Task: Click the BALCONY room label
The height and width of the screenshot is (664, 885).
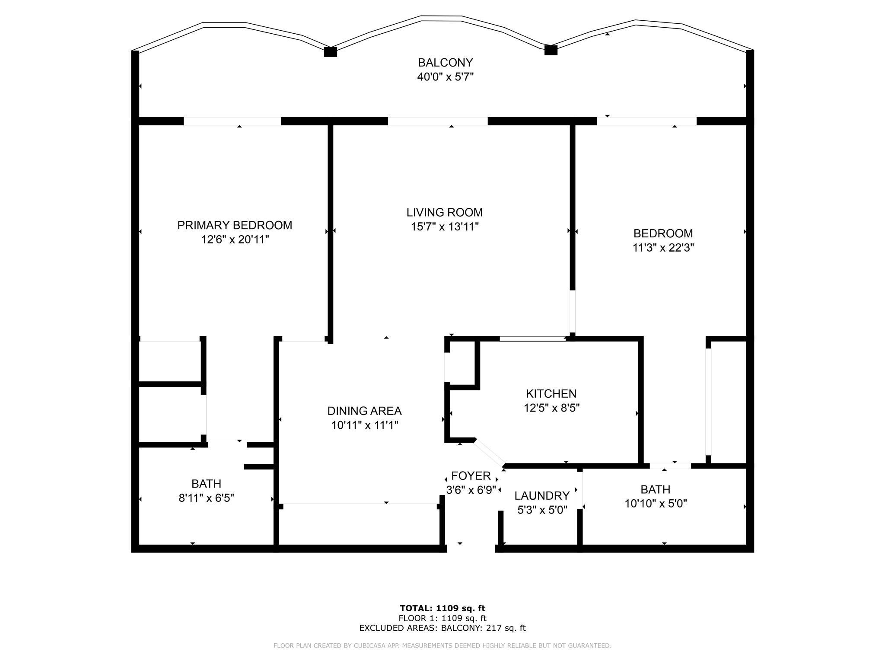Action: point(445,63)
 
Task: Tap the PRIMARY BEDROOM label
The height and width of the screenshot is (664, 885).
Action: point(235,225)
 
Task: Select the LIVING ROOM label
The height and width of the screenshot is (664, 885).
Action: point(445,212)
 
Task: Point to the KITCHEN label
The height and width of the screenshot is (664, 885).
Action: point(551,393)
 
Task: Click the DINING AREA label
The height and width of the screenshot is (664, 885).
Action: point(364,411)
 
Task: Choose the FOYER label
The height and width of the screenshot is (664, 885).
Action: point(471,476)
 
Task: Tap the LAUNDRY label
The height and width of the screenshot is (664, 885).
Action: point(542,495)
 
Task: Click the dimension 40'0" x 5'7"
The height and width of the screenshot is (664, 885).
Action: point(446,77)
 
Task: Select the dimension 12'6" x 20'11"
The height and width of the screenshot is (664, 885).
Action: point(235,239)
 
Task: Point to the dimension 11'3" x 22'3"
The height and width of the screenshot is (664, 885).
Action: point(663,248)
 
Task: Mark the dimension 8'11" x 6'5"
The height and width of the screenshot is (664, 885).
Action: point(207,498)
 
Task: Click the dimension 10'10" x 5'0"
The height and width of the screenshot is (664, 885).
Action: point(656,504)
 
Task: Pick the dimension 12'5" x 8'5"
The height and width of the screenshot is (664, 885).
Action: point(551,408)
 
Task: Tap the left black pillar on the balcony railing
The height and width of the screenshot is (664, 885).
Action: point(331,52)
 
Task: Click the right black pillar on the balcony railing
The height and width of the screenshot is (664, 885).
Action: point(551,50)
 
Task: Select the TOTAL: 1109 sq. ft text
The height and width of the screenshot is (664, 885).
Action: point(442,608)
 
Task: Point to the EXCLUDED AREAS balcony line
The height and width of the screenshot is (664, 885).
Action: point(442,628)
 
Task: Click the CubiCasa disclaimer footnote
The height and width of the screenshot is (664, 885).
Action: point(442,645)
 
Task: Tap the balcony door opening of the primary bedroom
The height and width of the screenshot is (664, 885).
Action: point(232,121)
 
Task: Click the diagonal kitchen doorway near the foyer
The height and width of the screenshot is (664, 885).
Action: point(489,453)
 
